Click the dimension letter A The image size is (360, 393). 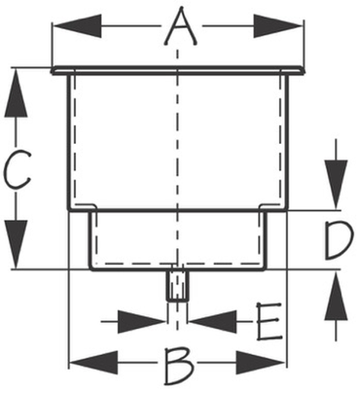click(x=180, y=27)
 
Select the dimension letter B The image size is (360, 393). click(x=179, y=366)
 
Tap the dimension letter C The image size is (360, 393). click(x=17, y=170)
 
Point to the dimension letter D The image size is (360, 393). click(x=339, y=241)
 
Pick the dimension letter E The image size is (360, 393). click(x=269, y=321)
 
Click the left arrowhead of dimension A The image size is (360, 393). click(x=78, y=26)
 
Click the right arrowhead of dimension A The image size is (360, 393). click(x=278, y=26)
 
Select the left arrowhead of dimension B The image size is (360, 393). click(x=94, y=363)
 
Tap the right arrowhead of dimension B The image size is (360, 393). click(x=260, y=363)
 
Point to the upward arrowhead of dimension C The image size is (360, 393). click(x=16, y=93)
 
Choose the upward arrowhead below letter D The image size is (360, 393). click(x=336, y=296)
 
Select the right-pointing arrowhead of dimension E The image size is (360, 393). click(x=142, y=321)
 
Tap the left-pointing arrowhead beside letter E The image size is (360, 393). click(x=213, y=321)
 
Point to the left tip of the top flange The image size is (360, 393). click(x=52, y=71)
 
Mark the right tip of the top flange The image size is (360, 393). click(x=304, y=71)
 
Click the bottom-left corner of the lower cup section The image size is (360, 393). click(x=91, y=269)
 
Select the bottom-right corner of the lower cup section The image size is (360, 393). click(x=265, y=269)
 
